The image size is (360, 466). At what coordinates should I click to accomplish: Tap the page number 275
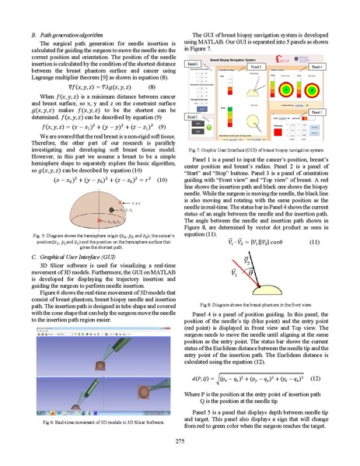[180, 440]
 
